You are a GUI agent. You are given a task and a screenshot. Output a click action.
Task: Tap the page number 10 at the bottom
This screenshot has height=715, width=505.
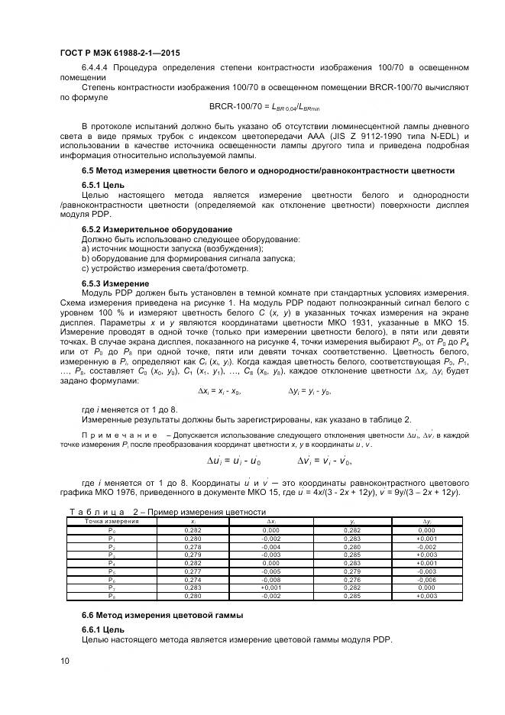65,661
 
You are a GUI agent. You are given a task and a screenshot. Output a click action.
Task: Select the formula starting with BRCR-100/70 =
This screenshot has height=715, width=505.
264,107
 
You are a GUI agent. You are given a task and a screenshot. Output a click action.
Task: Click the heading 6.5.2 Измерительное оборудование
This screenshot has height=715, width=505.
157,230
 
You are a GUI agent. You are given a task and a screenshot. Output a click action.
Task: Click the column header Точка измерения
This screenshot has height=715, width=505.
112,521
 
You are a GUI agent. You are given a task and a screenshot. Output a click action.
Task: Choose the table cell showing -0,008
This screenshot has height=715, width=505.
270,581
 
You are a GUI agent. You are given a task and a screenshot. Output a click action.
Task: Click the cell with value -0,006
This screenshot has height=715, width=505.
426,581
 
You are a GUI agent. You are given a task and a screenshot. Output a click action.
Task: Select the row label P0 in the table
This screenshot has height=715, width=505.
112,529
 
